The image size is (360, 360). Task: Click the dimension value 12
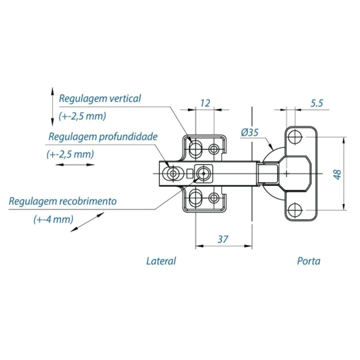point(205,103)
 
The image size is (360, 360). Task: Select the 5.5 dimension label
point(317,103)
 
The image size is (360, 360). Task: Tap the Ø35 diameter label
point(250,133)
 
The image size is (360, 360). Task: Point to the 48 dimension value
point(338,174)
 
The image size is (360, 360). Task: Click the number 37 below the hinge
point(223,239)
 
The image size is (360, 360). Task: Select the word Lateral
point(161,261)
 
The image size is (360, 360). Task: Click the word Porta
point(309,261)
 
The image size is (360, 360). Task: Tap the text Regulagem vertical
point(100,99)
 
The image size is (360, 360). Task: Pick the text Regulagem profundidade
point(103,137)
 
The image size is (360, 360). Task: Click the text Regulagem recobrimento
point(63,201)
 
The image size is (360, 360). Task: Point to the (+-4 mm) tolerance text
point(53,220)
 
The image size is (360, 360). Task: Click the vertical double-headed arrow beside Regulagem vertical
point(52,107)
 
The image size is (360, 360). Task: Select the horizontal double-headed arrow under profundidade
point(75,164)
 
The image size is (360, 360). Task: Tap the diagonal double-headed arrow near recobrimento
point(87,222)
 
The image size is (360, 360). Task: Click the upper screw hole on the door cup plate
point(295,137)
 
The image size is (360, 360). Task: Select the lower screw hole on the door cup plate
point(295,210)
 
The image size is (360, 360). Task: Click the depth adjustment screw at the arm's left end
point(173,173)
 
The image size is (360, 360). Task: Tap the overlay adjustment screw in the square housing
point(203,173)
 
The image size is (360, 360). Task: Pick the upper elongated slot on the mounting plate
point(195,148)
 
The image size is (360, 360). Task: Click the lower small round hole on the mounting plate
point(213,198)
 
